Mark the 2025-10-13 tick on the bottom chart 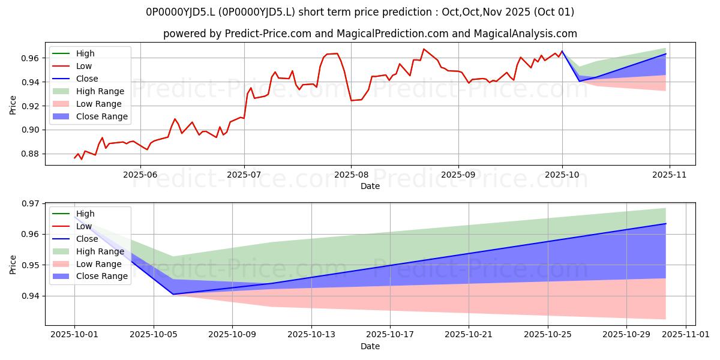[311, 334]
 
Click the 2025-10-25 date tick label [548, 334]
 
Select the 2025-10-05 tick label [154, 334]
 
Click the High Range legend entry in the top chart [100, 91]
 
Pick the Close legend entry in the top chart [87, 79]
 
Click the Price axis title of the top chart [13, 105]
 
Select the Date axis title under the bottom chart [370, 346]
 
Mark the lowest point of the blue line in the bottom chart [173, 294]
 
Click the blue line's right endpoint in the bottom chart [666, 223]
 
